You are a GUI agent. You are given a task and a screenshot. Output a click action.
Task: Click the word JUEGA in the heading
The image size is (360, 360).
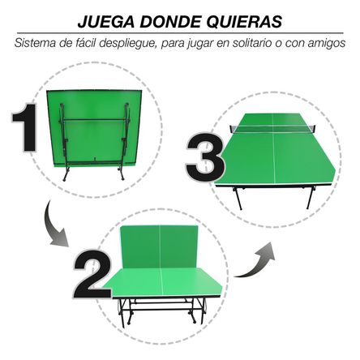(101, 20)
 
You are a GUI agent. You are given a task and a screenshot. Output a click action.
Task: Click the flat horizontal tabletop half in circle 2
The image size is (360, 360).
(166, 284)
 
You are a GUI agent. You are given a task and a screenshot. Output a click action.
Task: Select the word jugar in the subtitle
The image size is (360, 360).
(205, 43)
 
